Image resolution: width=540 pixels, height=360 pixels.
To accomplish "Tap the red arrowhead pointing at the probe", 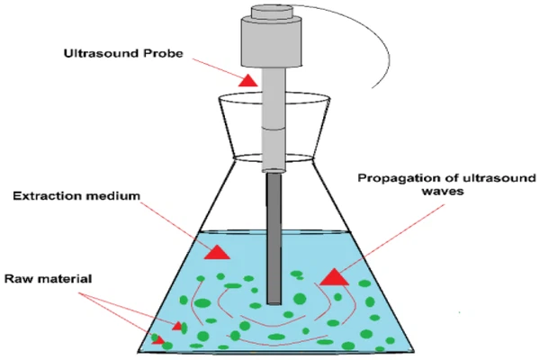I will click(x=247, y=81).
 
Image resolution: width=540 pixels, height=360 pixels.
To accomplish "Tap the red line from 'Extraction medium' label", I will click(x=171, y=222).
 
